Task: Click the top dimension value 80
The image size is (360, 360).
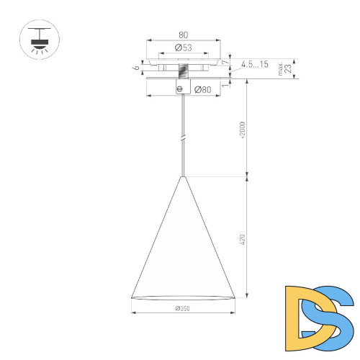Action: pos(184,34)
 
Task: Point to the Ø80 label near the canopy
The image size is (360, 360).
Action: pos(203,89)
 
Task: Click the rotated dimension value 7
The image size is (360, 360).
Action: pos(226,63)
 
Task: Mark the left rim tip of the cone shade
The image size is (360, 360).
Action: pos(132,296)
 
